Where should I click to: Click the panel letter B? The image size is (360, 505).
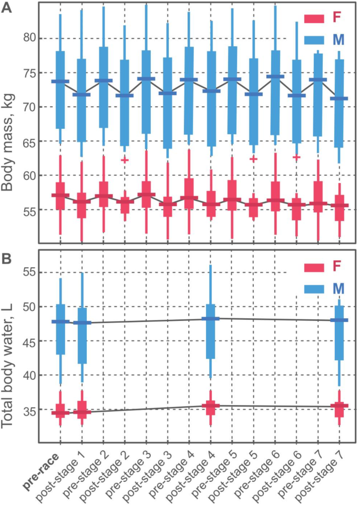pyautogui.click(x=7, y=259)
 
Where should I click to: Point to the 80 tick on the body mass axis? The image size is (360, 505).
pyautogui.click(x=33, y=38)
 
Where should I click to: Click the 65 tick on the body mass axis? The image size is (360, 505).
pyautogui.click(x=33, y=141)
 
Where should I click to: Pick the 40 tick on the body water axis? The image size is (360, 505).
pyautogui.click(x=33, y=375)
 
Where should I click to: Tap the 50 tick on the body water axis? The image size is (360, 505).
pyautogui.click(x=33, y=307)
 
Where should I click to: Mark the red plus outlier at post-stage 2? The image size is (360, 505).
pyautogui.click(x=125, y=159)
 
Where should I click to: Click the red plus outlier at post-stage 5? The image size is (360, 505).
pyautogui.click(x=253, y=158)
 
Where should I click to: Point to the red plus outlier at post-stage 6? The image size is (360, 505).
pyautogui.click(x=296, y=157)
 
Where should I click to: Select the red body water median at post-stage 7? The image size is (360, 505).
pyautogui.click(x=340, y=405)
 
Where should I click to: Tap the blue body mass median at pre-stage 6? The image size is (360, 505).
pyautogui.click(x=275, y=76)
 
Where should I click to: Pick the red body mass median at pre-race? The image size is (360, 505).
pyautogui.click(x=60, y=195)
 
